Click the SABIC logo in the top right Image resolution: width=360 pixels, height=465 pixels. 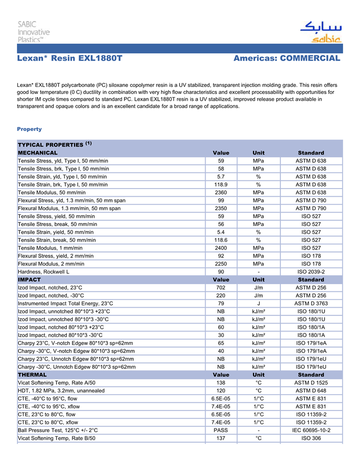tap(320, 32)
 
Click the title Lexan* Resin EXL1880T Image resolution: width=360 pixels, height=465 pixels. tap(69, 59)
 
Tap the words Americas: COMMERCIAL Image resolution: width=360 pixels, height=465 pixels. tap(286, 59)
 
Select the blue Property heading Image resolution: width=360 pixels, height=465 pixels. tap(29, 129)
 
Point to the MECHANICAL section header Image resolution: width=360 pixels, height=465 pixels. tap(38, 153)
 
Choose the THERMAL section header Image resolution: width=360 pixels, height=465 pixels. tap(32, 375)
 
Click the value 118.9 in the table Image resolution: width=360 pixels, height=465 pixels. tap(221, 184)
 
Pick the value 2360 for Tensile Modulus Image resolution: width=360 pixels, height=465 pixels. tap(221, 192)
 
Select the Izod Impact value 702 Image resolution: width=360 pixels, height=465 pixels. tap(221, 288)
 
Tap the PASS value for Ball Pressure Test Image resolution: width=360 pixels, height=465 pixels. tap(221, 430)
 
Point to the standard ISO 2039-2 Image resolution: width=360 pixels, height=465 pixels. tap(311, 271)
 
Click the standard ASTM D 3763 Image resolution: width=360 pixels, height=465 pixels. tap(311, 303)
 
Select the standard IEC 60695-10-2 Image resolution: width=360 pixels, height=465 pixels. tap(311, 430)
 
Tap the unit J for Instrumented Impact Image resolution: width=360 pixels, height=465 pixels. tap(259, 303)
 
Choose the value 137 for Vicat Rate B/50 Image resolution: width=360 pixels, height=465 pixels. tap(221, 438)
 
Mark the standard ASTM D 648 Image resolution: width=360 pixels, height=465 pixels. tap(311, 390)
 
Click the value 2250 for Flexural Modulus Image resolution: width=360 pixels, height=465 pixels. tap(221, 264)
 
